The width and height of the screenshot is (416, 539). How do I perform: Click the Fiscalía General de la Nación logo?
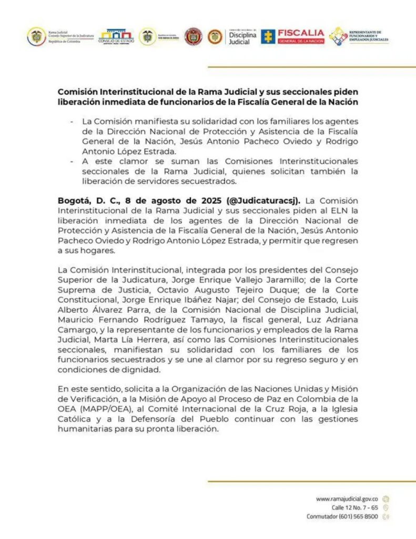coord(293,36)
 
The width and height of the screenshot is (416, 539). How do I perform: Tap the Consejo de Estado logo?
coord(116,36)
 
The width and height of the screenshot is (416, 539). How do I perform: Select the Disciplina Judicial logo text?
coord(242,36)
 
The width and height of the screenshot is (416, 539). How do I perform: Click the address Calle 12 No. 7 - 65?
coord(354,507)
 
